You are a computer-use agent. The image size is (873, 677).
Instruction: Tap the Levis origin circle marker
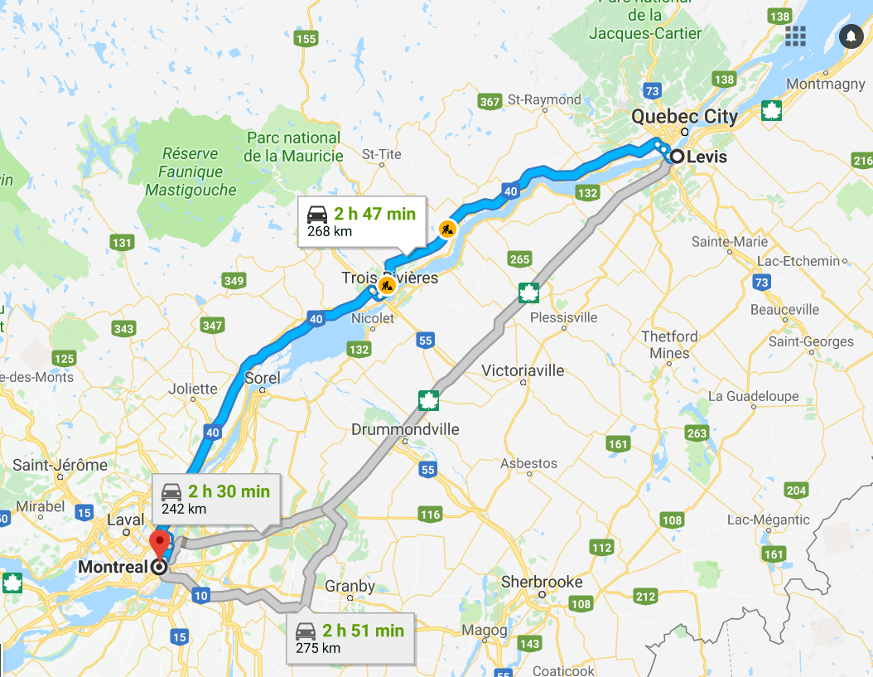coord(678,156)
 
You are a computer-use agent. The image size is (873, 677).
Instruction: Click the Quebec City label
coord(684,117)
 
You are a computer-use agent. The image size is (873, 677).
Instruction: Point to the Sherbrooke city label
coord(542,583)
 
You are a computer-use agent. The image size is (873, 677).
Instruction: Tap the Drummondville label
coord(405,430)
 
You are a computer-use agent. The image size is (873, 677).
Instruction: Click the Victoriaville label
coord(523,370)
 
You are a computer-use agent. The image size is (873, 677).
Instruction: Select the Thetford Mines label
coord(670,345)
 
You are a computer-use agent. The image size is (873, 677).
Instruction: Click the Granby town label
coord(350,586)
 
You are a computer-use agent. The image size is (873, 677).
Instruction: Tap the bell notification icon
coord(851,36)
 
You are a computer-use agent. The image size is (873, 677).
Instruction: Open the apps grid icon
coord(796,36)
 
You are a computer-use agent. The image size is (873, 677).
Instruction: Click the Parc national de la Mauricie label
coord(293,147)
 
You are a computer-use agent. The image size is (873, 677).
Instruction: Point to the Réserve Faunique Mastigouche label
coord(191,172)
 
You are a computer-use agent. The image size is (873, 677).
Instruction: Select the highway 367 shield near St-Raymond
coord(490,102)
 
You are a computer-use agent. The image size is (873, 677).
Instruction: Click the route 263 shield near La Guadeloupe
coord(697,433)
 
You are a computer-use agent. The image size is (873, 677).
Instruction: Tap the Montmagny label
coord(825,85)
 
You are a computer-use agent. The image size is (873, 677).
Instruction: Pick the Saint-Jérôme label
coord(60,465)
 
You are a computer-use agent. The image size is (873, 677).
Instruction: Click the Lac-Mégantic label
coord(768,520)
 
